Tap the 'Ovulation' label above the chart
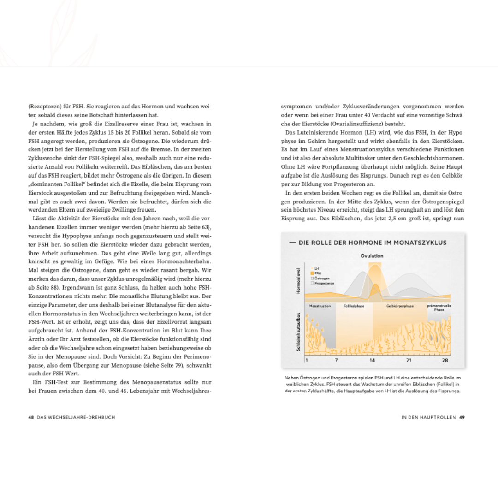372,256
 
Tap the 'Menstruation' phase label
320,306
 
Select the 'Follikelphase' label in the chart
354,306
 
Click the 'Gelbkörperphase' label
399,306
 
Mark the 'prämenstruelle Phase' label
439,308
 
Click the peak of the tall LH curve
374,264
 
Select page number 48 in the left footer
31,417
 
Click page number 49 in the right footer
462,417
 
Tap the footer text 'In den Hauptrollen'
428,417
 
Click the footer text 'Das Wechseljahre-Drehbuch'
76,417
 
